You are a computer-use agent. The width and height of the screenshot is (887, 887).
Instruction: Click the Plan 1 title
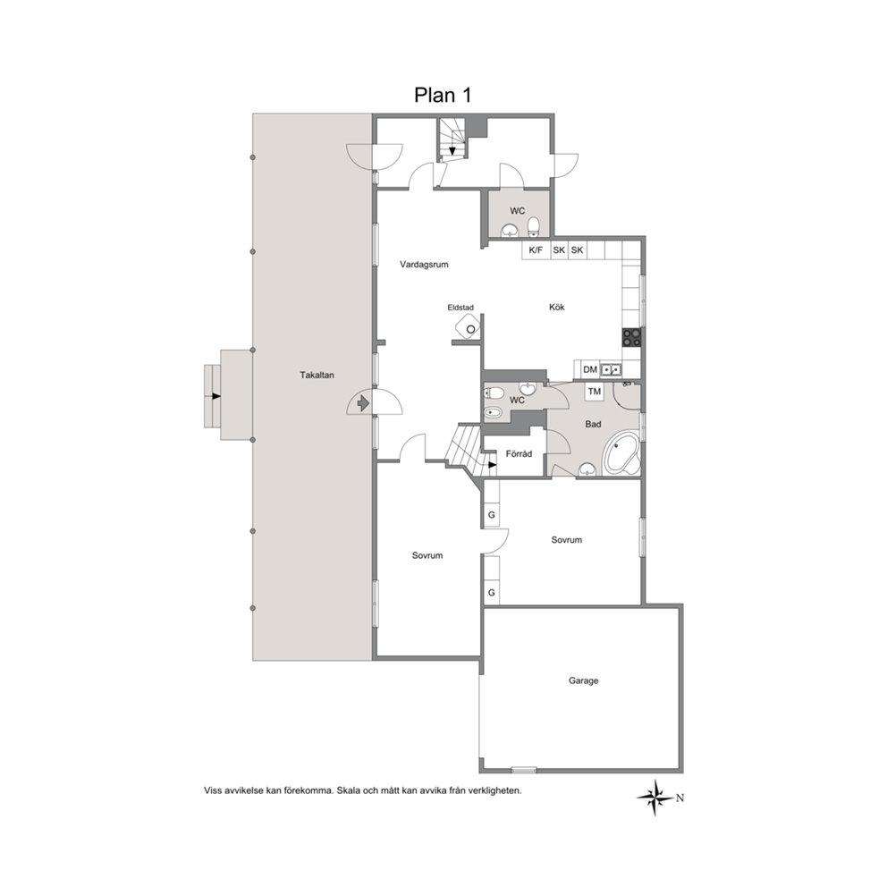point(443,95)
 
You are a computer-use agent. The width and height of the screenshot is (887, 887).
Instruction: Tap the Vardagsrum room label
point(424,264)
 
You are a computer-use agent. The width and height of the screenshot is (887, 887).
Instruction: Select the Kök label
point(557,308)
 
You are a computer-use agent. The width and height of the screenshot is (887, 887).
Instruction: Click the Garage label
point(583,680)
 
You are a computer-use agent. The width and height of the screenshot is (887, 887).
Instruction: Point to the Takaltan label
point(317,375)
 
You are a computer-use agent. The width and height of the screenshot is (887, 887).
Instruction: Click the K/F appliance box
point(536,250)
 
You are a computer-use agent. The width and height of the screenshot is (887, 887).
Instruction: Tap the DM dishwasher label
point(590,369)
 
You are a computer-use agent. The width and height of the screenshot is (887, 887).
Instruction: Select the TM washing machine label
point(594,392)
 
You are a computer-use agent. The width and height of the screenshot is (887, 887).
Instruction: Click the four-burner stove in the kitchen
point(631,337)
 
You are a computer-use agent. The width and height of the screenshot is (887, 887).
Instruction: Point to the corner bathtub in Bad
point(621,454)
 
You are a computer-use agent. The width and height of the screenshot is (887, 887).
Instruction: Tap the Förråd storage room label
point(519,453)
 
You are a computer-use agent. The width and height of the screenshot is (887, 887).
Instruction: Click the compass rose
point(655,798)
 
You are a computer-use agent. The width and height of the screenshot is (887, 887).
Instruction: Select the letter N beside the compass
point(680,798)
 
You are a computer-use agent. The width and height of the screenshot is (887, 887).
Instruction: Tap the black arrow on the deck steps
point(216,396)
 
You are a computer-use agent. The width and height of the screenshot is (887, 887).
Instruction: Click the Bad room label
point(593,424)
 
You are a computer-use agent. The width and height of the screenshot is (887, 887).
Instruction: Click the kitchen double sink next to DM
point(611,369)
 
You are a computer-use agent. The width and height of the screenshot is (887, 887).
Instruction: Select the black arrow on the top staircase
point(452,150)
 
